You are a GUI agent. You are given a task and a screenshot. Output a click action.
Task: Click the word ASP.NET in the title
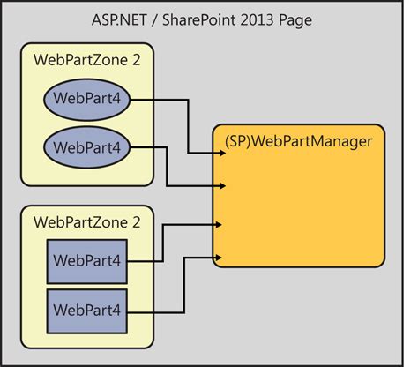[123, 19]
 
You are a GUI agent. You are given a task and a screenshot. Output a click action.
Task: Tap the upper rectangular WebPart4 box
[88, 260]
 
